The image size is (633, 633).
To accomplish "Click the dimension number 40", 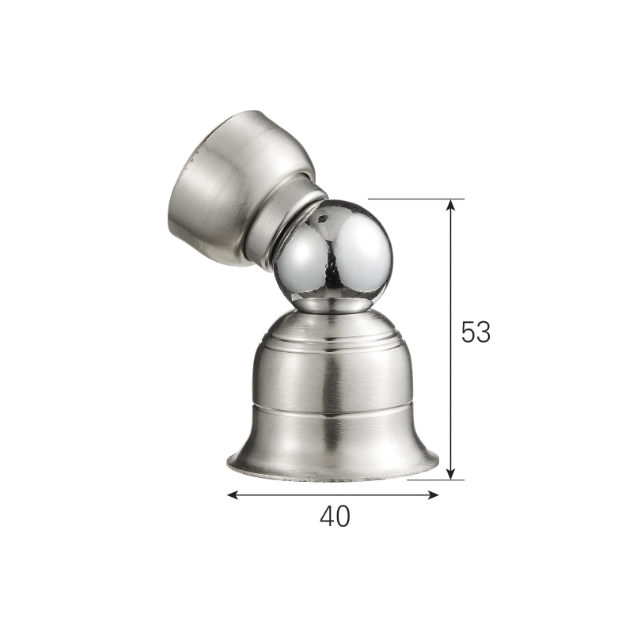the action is tap(335, 517).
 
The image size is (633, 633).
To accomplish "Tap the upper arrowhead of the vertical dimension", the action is tap(451, 205).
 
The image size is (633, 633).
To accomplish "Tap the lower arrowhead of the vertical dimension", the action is tap(451, 474).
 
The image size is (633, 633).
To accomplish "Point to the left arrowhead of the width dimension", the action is tap(233, 495).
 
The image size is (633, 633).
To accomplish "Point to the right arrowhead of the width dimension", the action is tap(433, 495).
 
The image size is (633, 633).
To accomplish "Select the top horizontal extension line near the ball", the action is tap(416, 199).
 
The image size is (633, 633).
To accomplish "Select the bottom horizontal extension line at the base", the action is tap(436, 480).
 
